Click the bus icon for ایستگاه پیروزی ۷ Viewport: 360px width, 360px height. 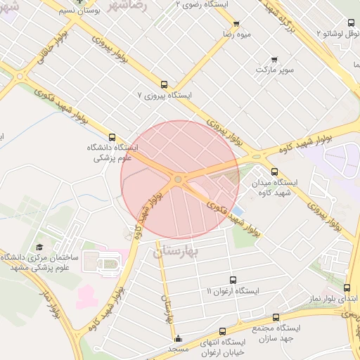click(164, 84)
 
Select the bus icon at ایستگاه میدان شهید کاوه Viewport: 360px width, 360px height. click(274, 172)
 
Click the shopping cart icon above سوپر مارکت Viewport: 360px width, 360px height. click(274, 60)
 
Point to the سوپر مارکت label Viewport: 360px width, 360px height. click(274, 70)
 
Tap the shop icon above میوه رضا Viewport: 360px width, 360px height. click(236, 23)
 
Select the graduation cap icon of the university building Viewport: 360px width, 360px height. click(40, 247)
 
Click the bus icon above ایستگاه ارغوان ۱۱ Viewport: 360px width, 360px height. click(233, 280)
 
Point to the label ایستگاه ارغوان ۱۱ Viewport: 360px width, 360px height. click(233, 290)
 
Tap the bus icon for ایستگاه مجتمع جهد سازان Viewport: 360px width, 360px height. click(275, 318)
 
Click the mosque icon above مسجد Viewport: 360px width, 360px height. click(178, 337)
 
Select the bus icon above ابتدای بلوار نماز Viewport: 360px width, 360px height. click(347, 288)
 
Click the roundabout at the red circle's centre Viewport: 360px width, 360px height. click(178, 180)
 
